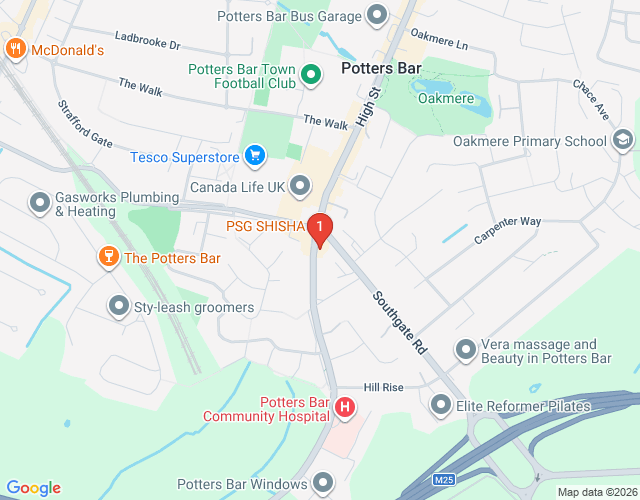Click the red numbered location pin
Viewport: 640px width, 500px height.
pyautogui.click(x=319, y=230)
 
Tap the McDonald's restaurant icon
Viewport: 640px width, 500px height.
pyautogui.click(x=15, y=48)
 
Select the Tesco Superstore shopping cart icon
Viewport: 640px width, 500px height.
pyautogui.click(x=256, y=156)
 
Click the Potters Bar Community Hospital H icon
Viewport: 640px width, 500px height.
pyautogui.click(x=345, y=408)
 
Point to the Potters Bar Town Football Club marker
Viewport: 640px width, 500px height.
pyautogui.click(x=311, y=74)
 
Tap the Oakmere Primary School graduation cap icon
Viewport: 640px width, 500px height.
pyautogui.click(x=622, y=140)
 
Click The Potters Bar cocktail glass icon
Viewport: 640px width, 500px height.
pyautogui.click(x=108, y=258)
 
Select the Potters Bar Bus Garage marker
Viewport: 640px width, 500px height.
pyautogui.click(x=377, y=15)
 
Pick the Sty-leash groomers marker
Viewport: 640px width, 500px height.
pyautogui.click(x=119, y=306)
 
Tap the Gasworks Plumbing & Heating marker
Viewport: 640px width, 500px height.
pyautogui.click(x=40, y=204)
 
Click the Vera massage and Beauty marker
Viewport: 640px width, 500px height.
pyautogui.click(x=465, y=350)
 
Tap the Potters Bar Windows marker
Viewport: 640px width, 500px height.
pyautogui.click(x=321, y=484)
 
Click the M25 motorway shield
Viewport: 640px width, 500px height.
pyautogui.click(x=445, y=481)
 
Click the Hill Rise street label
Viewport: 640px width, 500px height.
pyautogui.click(x=383, y=387)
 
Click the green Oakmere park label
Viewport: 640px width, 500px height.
pyautogui.click(x=445, y=98)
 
